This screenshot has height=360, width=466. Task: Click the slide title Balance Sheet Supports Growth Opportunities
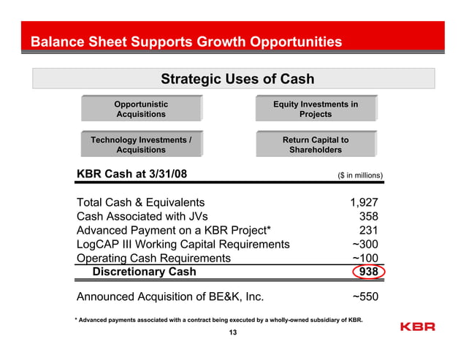186,42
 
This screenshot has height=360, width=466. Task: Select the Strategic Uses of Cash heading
237,79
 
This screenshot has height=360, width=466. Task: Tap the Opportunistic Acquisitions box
141,110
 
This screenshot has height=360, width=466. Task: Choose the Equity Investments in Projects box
316,110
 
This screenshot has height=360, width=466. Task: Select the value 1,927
364,202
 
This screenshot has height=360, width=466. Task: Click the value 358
368,216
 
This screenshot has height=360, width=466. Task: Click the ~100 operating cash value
364,258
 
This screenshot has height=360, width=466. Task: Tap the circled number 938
368,272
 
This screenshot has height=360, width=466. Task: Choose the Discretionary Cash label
144,272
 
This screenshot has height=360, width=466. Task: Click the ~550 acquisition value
364,296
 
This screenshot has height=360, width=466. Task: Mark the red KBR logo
418,326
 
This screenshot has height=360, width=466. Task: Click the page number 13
233,334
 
